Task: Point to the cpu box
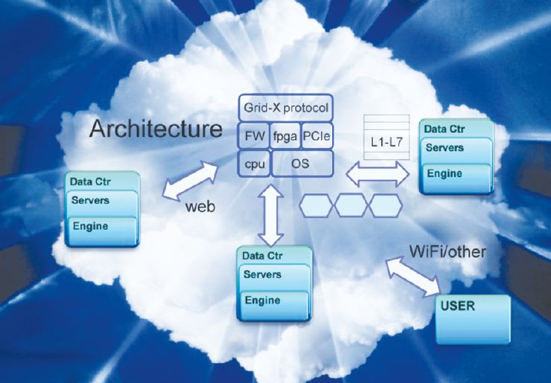coord(252,162)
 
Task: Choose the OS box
coord(302,162)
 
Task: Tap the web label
coord(200,207)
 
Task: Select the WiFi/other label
coord(448,251)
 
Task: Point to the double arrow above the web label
coord(190,181)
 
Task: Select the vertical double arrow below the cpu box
coord(270,216)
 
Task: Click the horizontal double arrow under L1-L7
coord(378,176)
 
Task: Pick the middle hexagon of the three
coord(351,205)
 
